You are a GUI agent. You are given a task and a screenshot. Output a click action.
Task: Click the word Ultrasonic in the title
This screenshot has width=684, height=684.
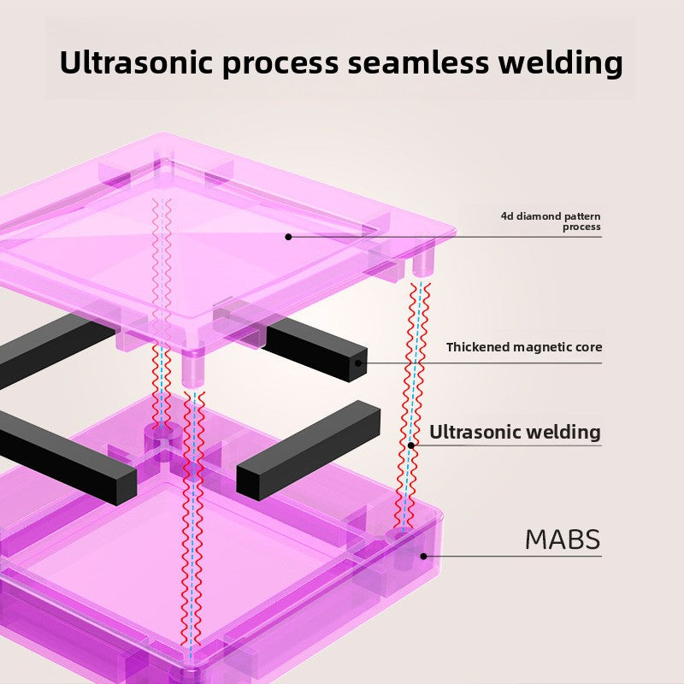pos(136,62)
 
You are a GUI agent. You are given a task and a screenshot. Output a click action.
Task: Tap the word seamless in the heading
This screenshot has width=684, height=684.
pos(418,62)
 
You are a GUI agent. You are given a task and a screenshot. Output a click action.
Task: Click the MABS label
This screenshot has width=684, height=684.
pos(563,540)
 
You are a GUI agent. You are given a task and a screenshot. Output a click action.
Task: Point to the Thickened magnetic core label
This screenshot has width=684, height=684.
pos(524,347)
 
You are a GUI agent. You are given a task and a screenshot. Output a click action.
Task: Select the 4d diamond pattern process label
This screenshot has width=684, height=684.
pos(551,221)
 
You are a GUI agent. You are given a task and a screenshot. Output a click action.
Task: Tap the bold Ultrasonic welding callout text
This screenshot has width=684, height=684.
pos(515,432)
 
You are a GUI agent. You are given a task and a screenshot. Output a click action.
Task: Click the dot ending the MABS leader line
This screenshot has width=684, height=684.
pos(423,557)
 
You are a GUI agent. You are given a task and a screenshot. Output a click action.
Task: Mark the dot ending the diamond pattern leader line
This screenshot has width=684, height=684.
pos(288,237)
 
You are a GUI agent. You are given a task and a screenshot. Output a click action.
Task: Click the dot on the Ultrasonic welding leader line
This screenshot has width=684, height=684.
pos(410,445)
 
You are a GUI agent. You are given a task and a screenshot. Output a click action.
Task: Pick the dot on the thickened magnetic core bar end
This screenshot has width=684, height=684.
pos(358,363)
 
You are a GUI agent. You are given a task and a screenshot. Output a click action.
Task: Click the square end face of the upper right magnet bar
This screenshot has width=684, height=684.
pos(357,366)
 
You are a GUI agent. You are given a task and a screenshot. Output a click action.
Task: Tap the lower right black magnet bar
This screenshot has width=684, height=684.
pos(308,451)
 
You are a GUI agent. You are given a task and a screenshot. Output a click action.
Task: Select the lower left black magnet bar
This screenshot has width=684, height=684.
pos(66,458)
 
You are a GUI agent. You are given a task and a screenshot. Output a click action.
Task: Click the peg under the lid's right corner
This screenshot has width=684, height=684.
pos(423,262)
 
